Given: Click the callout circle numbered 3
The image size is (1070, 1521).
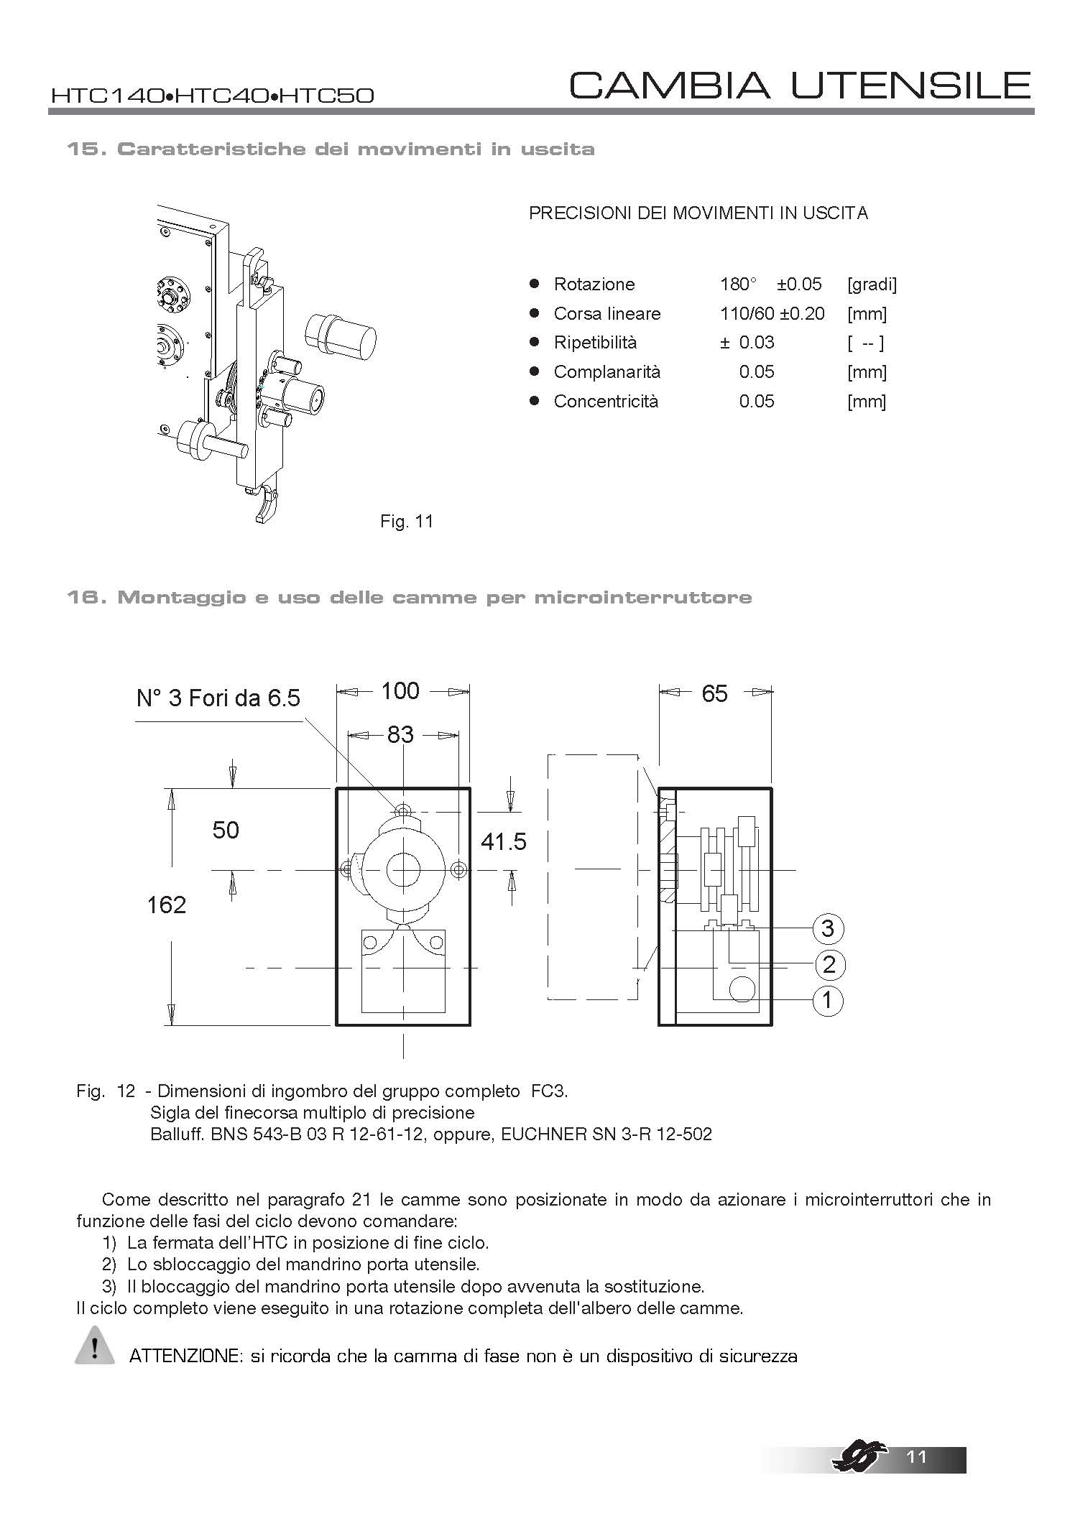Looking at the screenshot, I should (x=827, y=929).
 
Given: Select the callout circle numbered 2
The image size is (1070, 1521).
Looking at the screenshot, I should (x=829, y=964).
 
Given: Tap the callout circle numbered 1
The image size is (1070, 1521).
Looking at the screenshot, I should (x=827, y=999).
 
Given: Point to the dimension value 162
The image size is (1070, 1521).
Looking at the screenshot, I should (x=167, y=905).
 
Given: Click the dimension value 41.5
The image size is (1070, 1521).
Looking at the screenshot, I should (x=503, y=841).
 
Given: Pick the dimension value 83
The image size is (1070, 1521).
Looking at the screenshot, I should (x=400, y=734).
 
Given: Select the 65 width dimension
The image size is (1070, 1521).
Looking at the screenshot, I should (x=714, y=693).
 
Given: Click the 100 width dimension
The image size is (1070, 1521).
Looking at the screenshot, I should (x=400, y=691).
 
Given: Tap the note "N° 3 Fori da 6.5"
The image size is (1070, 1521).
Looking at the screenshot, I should (x=218, y=698).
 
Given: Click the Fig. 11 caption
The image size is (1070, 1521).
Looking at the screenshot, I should (x=407, y=522).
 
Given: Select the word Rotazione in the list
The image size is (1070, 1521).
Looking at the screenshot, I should (x=594, y=285).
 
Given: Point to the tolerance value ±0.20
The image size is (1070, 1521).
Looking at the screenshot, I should (x=802, y=314).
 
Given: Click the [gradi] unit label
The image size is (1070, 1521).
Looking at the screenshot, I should (x=872, y=285).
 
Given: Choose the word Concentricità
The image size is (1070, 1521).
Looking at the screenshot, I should (x=606, y=402).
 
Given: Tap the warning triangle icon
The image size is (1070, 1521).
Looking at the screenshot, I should (x=94, y=1346).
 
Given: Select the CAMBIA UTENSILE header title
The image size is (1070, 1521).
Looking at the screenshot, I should (x=800, y=85).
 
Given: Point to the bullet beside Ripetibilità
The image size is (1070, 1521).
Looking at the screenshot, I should (x=534, y=342).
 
